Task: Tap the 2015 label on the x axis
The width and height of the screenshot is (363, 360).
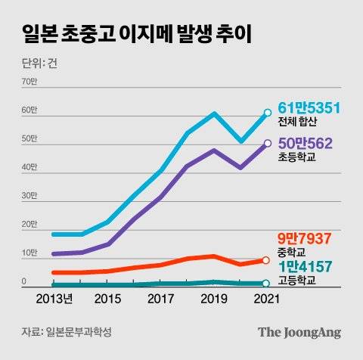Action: pyautogui.click(x=107, y=299)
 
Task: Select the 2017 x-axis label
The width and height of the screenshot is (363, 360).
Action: pyautogui.click(x=160, y=299)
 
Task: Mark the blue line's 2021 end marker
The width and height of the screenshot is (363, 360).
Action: pyautogui.click(x=267, y=113)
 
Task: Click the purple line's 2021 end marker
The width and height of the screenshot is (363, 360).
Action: pyautogui.click(x=267, y=144)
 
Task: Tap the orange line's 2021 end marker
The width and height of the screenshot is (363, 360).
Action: pyautogui.click(x=265, y=260)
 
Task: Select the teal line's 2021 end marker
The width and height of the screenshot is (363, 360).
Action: pyautogui.click(x=265, y=284)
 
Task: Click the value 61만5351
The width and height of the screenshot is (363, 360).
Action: pyautogui.click(x=310, y=110)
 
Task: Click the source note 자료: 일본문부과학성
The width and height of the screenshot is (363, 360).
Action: pyautogui.click(x=71, y=332)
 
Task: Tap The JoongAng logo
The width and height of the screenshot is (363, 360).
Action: pyautogui.click(x=299, y=332)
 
